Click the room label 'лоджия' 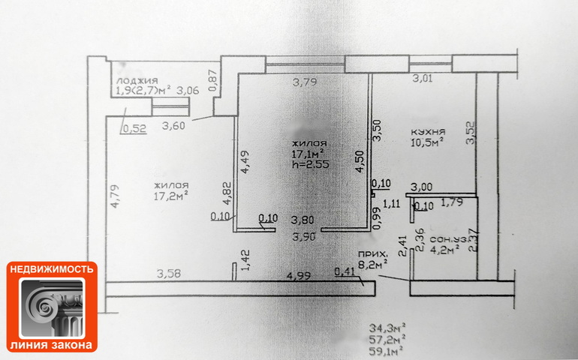[x=136, y=80]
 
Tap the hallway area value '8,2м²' [x=373, y=264]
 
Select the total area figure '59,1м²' [x=387, y=349]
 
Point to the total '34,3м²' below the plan [x=387, y=328]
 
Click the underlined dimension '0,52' [x=134, y=128]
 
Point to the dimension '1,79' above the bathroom [x=453, y=201]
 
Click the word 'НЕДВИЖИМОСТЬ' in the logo [x=52, y=268]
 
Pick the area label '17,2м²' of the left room [x=170, y=196]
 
